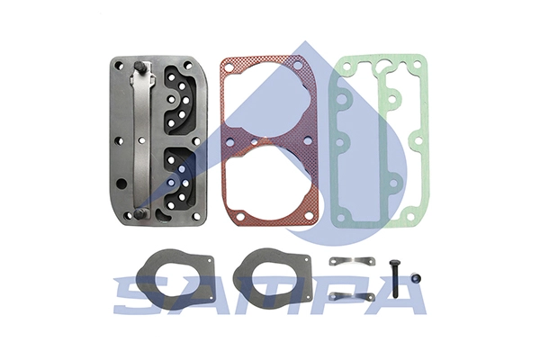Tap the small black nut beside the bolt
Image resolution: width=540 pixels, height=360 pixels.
[416, 279]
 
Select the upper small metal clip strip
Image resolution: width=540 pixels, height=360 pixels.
[352, 261]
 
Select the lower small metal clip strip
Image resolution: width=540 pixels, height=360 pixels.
[352, 296]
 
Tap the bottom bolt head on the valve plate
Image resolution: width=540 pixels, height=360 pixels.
[139, 213]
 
